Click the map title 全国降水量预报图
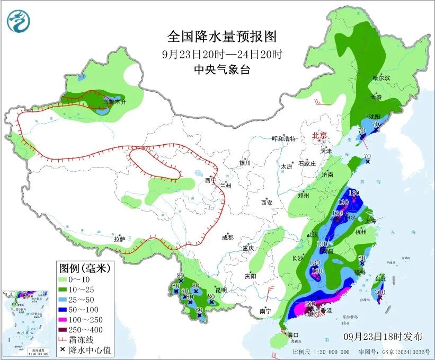click(x=222, y=37)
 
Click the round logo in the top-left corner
click(x=19, y=22)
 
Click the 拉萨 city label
click(x=119, y=239)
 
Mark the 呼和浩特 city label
click(x=283, y=138)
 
